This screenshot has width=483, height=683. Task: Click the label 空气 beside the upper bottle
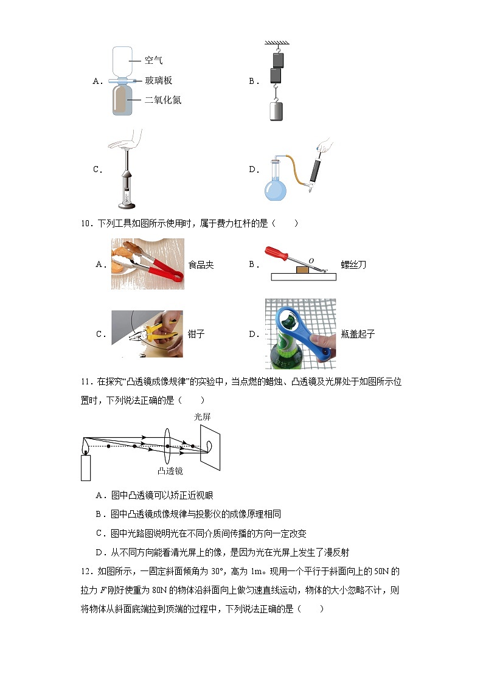(x=153, y=60)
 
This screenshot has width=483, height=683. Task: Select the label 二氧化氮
(x=162, y=100)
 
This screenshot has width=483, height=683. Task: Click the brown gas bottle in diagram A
(x=122, y=100)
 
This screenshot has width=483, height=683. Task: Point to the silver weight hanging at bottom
(x=276, y=111)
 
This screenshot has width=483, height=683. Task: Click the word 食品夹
(x=201, y=265)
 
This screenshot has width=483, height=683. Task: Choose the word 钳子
(x=197, y=334)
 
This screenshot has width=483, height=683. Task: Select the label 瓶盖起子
(x=358, y=334)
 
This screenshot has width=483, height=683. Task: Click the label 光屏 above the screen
(x=202, y=417)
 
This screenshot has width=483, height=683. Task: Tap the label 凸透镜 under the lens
(x=170, y=471)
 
